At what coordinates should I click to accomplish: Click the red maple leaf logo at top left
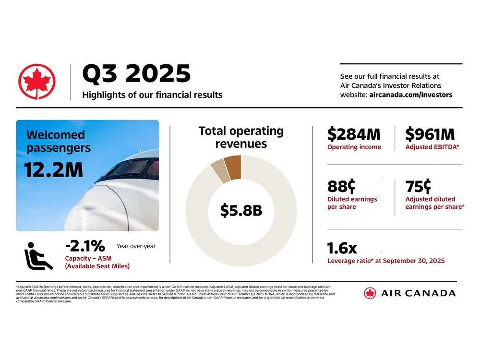click(x=37, y=82)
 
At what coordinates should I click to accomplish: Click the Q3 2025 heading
click(x=136, y=74)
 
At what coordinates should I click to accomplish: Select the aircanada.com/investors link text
click(x=410, y=95)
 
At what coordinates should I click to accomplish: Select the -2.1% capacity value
click(x=84, y=246)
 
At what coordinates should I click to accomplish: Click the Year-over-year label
click(x=136, y=246)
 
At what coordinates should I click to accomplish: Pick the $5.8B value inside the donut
click(x=241, y=210)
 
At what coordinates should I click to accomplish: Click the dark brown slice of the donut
click(x=233, y=167)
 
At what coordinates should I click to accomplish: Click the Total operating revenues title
click(x=241, y=137)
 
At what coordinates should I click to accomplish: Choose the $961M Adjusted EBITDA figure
click(x=430, y=134)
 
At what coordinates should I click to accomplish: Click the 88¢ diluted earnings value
click(x=341, y=186)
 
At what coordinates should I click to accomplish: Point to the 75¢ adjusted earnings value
click(x=418, y=186)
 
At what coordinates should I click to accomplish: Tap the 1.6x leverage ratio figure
click(x=342, y=248)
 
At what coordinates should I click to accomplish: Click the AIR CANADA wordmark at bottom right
click(x=417, y=293)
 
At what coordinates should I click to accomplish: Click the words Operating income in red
click(x=354, y=147)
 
